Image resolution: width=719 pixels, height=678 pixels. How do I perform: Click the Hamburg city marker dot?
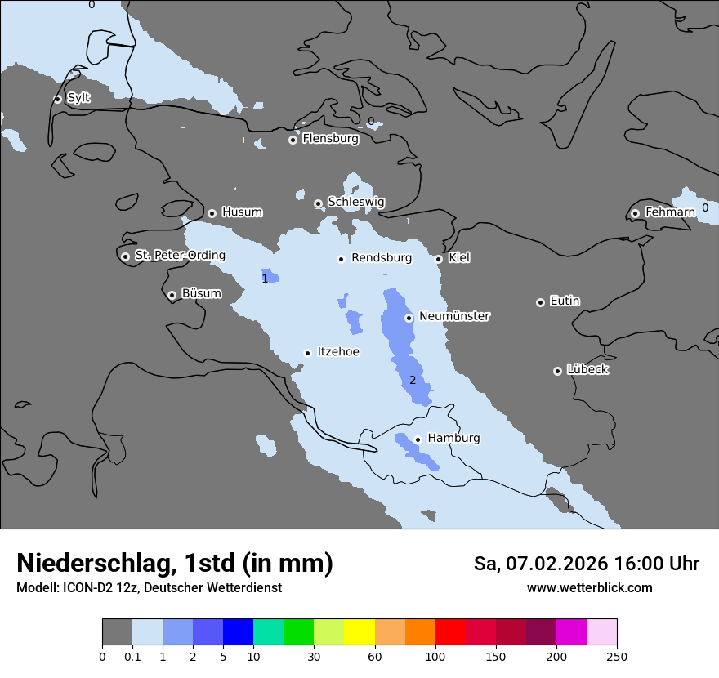(418, 439)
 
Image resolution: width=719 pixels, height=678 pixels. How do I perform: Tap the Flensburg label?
(330, 139)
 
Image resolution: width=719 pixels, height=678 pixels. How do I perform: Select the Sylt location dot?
(58, 99)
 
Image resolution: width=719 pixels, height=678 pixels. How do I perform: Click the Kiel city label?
(459, 258)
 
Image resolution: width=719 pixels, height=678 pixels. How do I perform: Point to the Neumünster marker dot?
(409, 318)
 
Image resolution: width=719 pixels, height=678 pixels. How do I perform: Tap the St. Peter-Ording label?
(180, 256)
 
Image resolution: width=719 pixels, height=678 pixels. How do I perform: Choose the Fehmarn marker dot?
(635, 213)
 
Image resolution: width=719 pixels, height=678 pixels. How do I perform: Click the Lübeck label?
(587, 370)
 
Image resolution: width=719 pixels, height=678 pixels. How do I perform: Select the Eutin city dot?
(540, 302)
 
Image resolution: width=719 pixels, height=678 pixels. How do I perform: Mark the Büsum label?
(201, 293)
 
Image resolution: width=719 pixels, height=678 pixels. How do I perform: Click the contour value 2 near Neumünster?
(413, 380)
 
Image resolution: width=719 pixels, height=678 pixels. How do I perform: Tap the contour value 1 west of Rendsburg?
(265, 279)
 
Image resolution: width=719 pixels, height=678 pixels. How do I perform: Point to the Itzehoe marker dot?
(307, 353)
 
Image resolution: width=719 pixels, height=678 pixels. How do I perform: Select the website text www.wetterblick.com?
(589, 588)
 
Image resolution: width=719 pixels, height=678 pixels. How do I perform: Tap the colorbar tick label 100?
(435, 657)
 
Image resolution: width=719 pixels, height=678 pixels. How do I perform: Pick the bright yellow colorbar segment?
(359, 632)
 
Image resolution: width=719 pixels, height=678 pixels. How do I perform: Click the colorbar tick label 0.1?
(132, 657)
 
